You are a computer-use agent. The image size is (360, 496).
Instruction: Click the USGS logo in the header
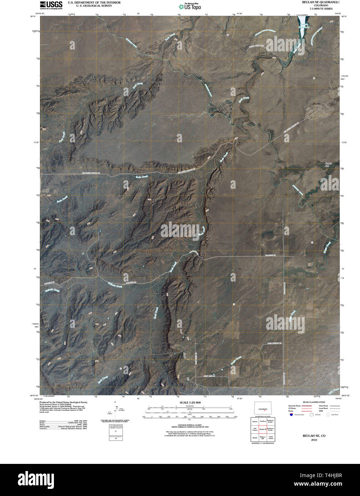[x=51, y=5]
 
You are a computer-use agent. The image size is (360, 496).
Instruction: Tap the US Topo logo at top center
[x=190, y=6]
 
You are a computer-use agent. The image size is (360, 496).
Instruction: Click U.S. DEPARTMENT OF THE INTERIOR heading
[x=94, y=2]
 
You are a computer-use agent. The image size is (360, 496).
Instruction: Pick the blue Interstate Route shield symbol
[x=291, y=415]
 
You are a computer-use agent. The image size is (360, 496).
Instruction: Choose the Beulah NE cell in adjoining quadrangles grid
[x=263, y=429]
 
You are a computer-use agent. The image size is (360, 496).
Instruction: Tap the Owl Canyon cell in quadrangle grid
[x=255, y=429]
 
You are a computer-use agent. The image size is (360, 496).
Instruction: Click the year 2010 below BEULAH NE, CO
[x=314, y=440]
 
